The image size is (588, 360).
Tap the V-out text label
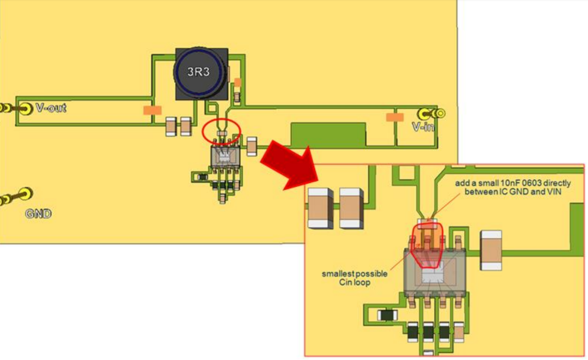51,108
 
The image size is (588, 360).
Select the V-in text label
423,126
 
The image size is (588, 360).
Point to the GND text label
38,214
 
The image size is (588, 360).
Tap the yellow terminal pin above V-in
428,113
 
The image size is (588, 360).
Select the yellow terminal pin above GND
26,193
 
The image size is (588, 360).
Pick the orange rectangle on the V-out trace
152,110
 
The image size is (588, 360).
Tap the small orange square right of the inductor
237,82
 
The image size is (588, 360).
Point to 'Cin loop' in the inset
355,282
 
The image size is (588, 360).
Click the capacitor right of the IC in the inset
490,250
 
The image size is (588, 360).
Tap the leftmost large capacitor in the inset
320,208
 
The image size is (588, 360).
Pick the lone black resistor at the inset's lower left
387,315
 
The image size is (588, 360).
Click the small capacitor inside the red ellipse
221,134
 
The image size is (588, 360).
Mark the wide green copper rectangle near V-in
328,135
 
